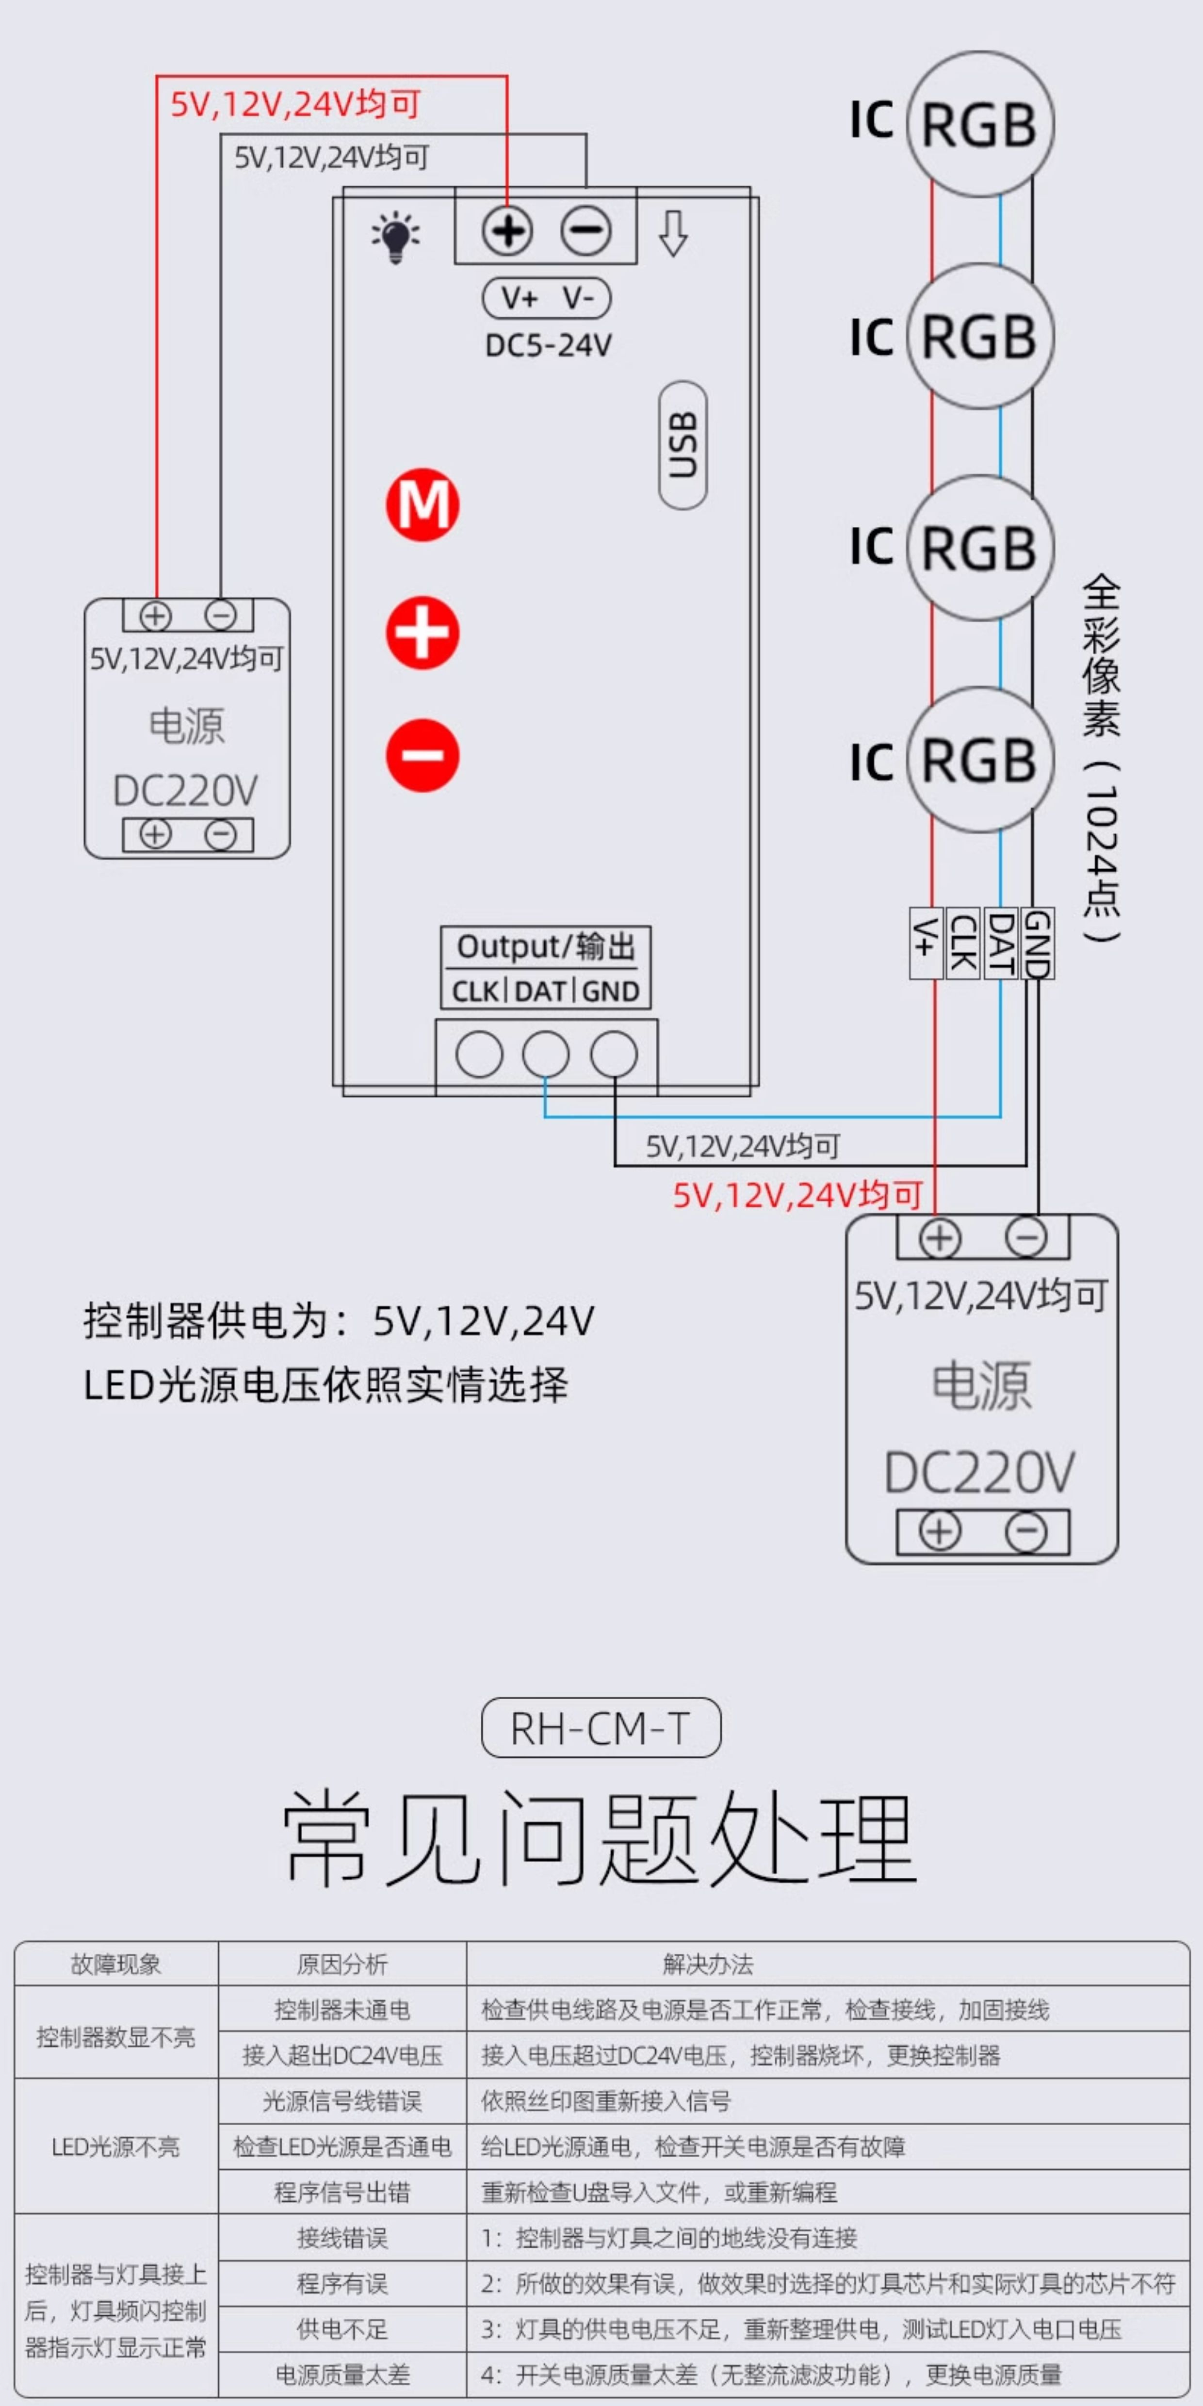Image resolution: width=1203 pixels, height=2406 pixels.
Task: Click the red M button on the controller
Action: [x=422, y=504]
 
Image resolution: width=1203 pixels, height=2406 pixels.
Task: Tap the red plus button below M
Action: [x=422, y=633]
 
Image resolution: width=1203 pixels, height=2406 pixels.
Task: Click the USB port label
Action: [x=683, y=445]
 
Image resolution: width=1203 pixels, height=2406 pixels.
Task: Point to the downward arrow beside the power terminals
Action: [x=673, y=233]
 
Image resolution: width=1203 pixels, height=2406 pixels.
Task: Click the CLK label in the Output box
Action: [x=475, y=991]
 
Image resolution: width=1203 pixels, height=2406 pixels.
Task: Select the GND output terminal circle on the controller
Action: [x=614, y=1055]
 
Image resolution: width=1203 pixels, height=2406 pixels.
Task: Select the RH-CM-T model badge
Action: [x=601, y=1728]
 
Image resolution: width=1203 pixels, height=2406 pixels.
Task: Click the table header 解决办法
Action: [x=708, y=1964]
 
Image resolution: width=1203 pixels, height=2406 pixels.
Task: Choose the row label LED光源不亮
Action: [x=116, y=2146]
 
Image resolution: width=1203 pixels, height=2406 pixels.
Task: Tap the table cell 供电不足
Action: [x=342, y=2329]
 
